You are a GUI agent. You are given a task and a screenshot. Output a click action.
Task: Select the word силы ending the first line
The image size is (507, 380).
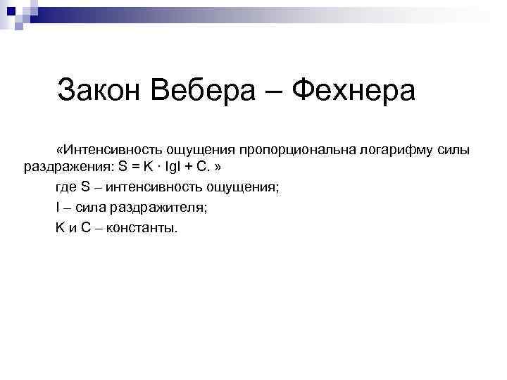(x=454, y=150)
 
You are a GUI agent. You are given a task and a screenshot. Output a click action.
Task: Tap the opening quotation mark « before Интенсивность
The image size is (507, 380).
(x=61, y=150)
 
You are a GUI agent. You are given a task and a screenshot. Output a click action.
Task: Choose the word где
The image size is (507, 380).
(x=66, y=188)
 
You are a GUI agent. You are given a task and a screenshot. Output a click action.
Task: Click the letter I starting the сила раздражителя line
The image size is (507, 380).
(x=57, y=208)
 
